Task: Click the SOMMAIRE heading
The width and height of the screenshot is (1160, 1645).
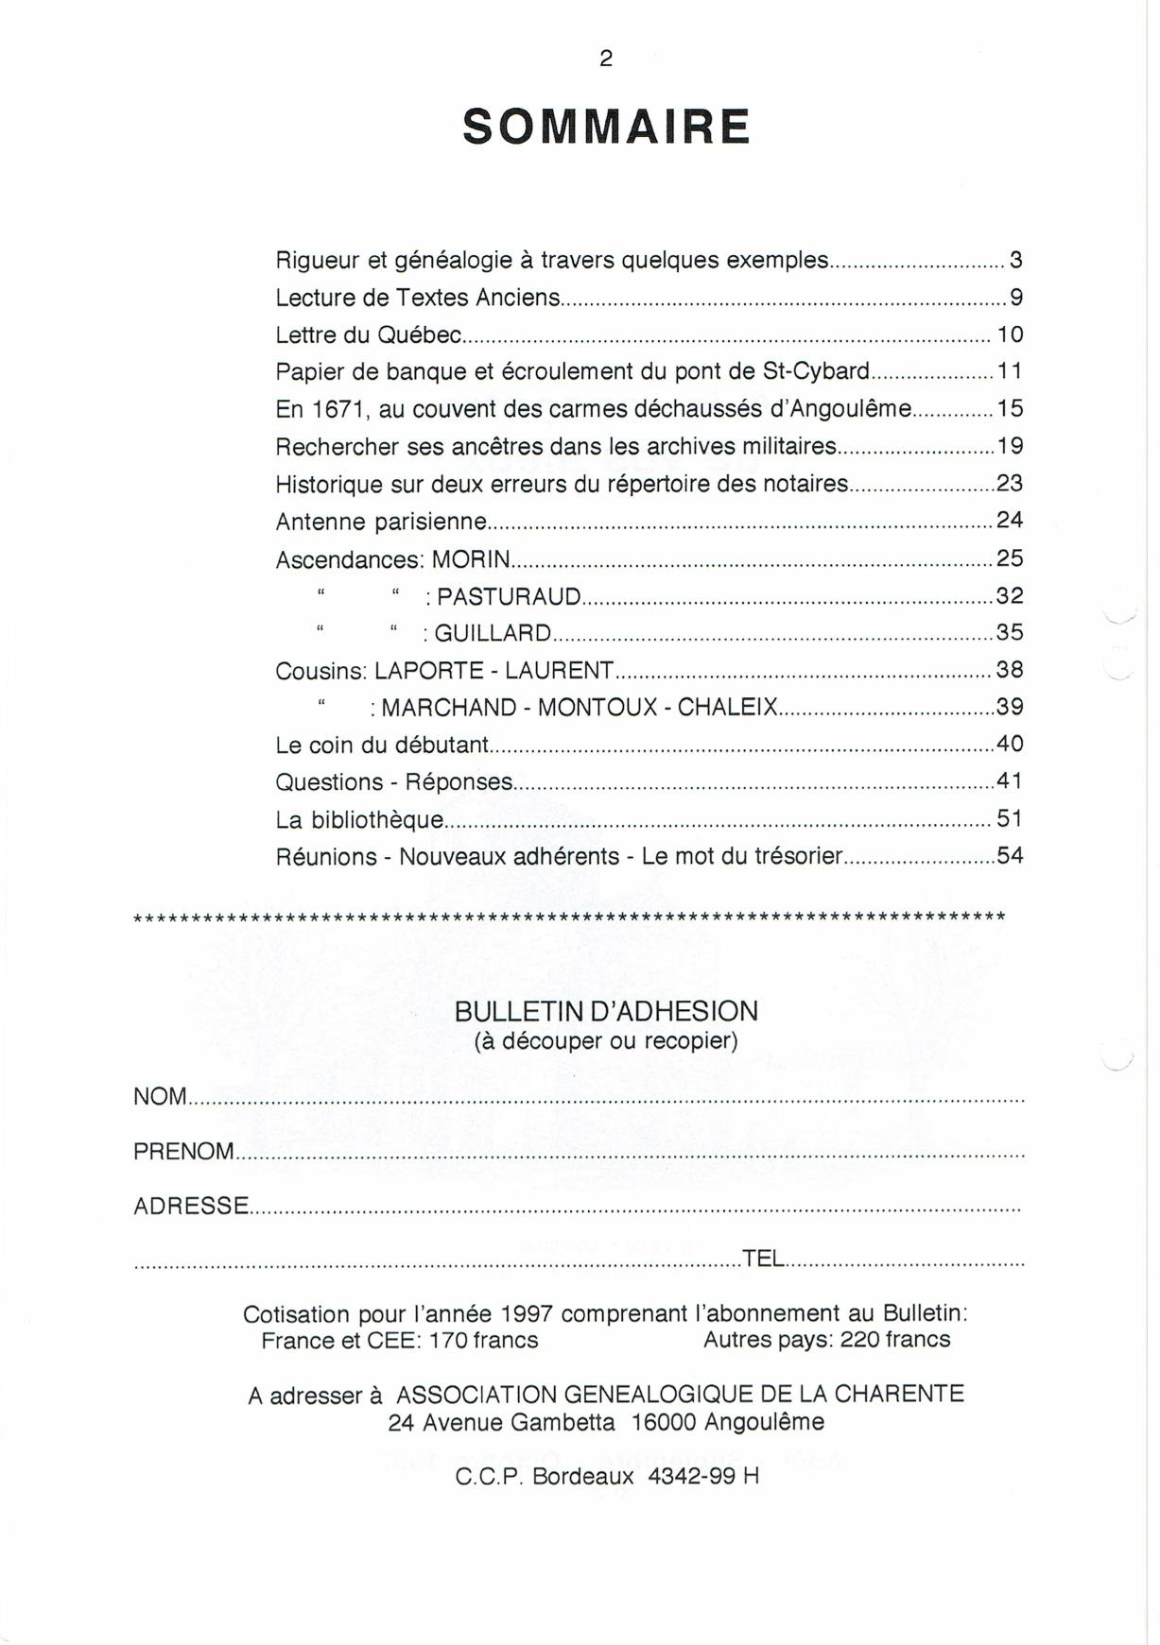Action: click(606, 128)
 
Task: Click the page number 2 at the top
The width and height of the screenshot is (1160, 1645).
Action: click(606, 59)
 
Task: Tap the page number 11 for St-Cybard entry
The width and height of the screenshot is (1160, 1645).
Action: click(1010, 371)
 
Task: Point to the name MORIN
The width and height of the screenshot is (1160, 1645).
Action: click(471, 559)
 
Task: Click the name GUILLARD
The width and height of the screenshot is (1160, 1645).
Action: click(493, 633)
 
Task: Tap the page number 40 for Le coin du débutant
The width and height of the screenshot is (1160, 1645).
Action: click(1010, 745)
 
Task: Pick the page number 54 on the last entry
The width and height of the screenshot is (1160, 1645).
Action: click(1010, 856)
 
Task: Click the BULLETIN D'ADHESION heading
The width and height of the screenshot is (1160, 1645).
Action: click(606, 1012)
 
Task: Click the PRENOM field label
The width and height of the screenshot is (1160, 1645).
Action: click(183, 1152)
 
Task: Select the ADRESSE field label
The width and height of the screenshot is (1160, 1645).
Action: click(191, 1207)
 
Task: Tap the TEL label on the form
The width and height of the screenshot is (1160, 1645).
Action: click(763, 1259)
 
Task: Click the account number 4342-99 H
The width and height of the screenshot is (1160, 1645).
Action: click(703, 1477)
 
